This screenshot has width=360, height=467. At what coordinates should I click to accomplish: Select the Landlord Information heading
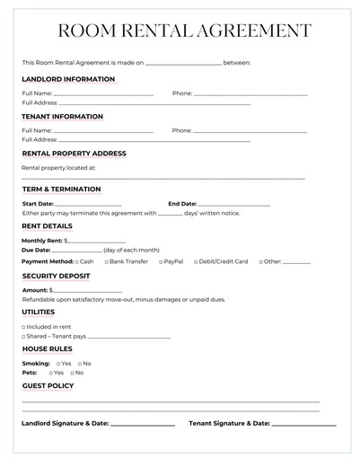click(68, 79)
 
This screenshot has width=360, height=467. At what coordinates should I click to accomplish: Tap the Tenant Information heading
click(63, 117)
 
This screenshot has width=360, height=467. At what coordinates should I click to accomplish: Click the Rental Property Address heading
click(74, 154)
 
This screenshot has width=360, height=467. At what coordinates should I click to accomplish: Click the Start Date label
click(38, 204)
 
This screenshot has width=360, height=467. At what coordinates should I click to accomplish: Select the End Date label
click(182, 204)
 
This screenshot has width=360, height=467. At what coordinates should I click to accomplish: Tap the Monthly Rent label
click(42, 241)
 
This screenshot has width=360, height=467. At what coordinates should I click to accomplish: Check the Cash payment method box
click(77, 261)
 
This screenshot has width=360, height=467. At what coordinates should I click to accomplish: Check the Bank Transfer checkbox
click(106, 261)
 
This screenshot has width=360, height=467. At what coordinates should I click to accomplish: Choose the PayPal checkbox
click(162, 261)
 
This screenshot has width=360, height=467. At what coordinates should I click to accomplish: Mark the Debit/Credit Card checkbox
click(196, 261)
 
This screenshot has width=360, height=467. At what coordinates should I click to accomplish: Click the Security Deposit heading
click(56, 276)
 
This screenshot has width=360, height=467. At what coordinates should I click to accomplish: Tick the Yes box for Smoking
click(58, 363)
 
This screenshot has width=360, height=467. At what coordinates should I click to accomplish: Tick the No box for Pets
click(71, 372)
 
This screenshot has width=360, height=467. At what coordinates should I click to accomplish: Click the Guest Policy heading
click(48, 386)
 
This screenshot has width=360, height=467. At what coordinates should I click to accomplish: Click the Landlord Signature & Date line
click(142, 424)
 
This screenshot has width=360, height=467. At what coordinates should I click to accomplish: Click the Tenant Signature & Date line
click(303, 424)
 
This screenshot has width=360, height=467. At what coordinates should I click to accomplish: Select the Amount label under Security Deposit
click(35, 290)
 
